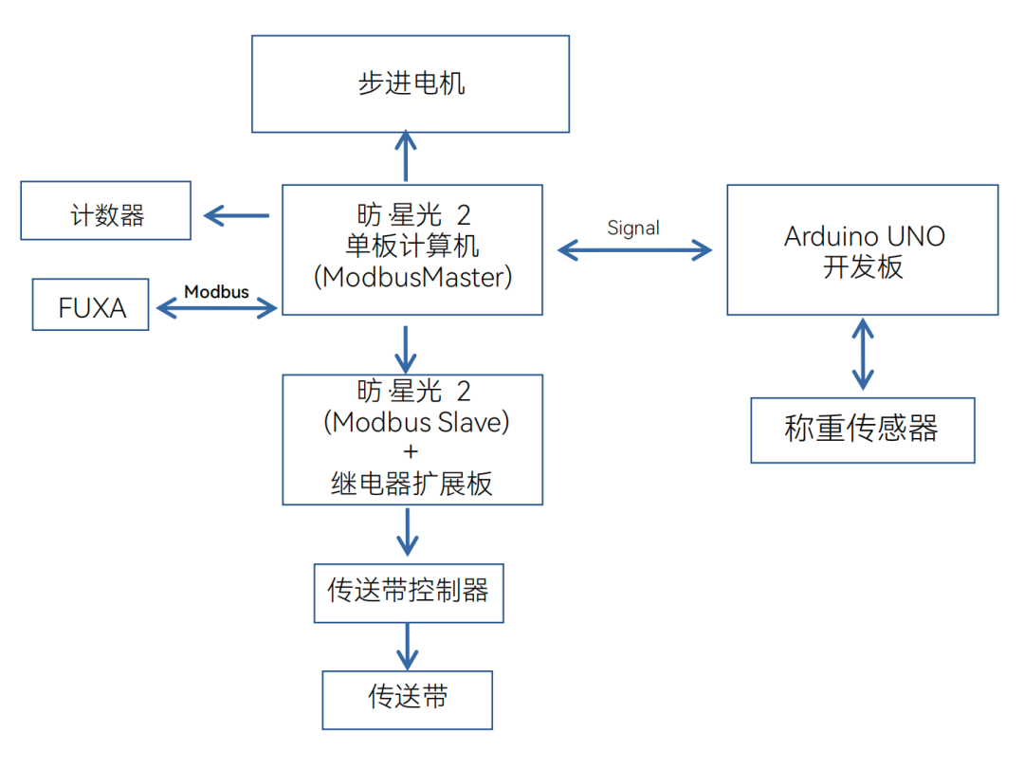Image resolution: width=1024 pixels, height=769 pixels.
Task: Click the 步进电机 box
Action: tap(411, 83)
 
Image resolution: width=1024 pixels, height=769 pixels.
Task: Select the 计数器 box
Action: tap(106, 211)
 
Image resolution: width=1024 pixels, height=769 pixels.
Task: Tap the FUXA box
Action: tap(91, 304)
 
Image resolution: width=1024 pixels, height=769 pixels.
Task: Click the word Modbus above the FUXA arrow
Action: tap(216, 291)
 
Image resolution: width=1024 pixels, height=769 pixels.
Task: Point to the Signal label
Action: tap(633, 228)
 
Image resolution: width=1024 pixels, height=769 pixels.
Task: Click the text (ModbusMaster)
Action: tap(412, 277)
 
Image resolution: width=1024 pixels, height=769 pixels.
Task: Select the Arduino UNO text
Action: tap(864, 236)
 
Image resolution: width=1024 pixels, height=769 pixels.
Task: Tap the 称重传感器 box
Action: tap(862, 430)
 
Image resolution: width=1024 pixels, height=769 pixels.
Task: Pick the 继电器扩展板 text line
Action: tap(412, 484)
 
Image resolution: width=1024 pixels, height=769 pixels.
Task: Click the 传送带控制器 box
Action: tap(409, 592)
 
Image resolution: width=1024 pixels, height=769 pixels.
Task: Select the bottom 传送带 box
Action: tap(408, 699)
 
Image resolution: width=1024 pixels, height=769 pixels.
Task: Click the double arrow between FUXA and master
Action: tap(216, 307)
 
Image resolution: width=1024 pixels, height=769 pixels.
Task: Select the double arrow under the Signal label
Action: tap(634, 249)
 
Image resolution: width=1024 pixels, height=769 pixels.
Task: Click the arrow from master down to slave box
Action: tap(406, 349)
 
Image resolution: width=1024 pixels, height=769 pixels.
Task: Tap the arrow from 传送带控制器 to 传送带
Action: tap(407, 646)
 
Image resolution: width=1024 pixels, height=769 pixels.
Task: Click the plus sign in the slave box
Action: tap(411, 452)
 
